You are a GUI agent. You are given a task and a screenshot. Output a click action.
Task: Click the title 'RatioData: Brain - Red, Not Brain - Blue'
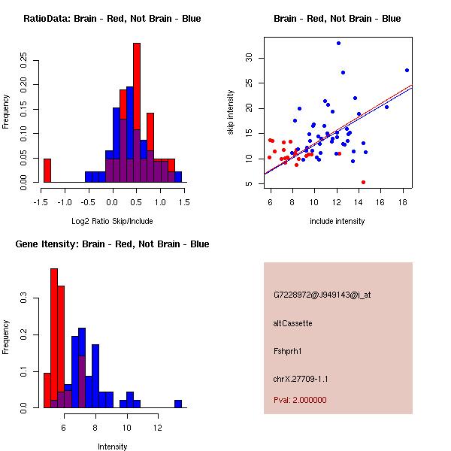[112, 19]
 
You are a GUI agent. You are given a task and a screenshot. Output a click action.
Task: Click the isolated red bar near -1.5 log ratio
[47, 171]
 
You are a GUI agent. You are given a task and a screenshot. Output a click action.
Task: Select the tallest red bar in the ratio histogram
[137, 113]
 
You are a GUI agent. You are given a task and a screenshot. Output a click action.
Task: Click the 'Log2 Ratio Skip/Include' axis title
[112, 221]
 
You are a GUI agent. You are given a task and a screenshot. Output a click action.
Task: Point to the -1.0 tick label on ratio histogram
[65, 202]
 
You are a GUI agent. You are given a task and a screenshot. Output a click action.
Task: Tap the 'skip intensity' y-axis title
[231, 113]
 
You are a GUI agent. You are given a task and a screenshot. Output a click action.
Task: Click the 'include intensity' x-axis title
[337, 221]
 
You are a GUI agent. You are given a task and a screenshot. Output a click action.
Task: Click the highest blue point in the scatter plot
[338, 43]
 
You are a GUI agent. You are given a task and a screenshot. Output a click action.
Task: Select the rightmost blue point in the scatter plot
[407, 70]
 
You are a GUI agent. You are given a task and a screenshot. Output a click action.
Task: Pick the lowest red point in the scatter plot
[363, 182]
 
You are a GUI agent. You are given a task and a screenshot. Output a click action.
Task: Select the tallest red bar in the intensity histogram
[54, 338]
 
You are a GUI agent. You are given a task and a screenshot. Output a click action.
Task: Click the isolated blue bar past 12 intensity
[178, 404]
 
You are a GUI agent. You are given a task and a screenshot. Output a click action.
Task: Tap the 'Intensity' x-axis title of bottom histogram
[112, 446]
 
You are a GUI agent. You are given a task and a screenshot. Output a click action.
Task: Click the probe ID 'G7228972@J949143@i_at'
[322, 295]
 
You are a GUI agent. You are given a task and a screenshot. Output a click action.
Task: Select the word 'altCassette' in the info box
[292, 323]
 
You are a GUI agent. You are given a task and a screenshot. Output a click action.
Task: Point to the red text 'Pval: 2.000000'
[300, 400]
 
